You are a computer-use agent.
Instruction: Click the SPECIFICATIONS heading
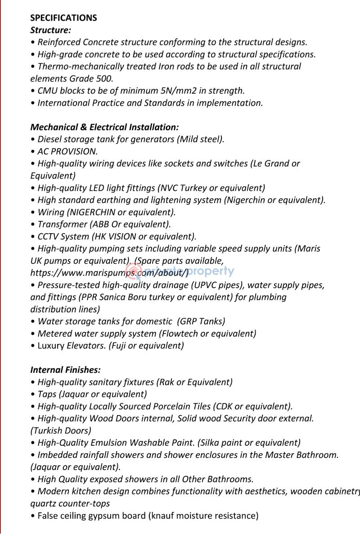63,18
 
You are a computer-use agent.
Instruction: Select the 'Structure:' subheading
50,30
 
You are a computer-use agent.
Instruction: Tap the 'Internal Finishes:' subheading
65,370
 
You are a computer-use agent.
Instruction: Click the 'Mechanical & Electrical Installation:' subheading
104,127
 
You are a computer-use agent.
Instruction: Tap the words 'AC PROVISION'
67,151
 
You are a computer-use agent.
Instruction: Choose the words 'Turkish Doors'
61,430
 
